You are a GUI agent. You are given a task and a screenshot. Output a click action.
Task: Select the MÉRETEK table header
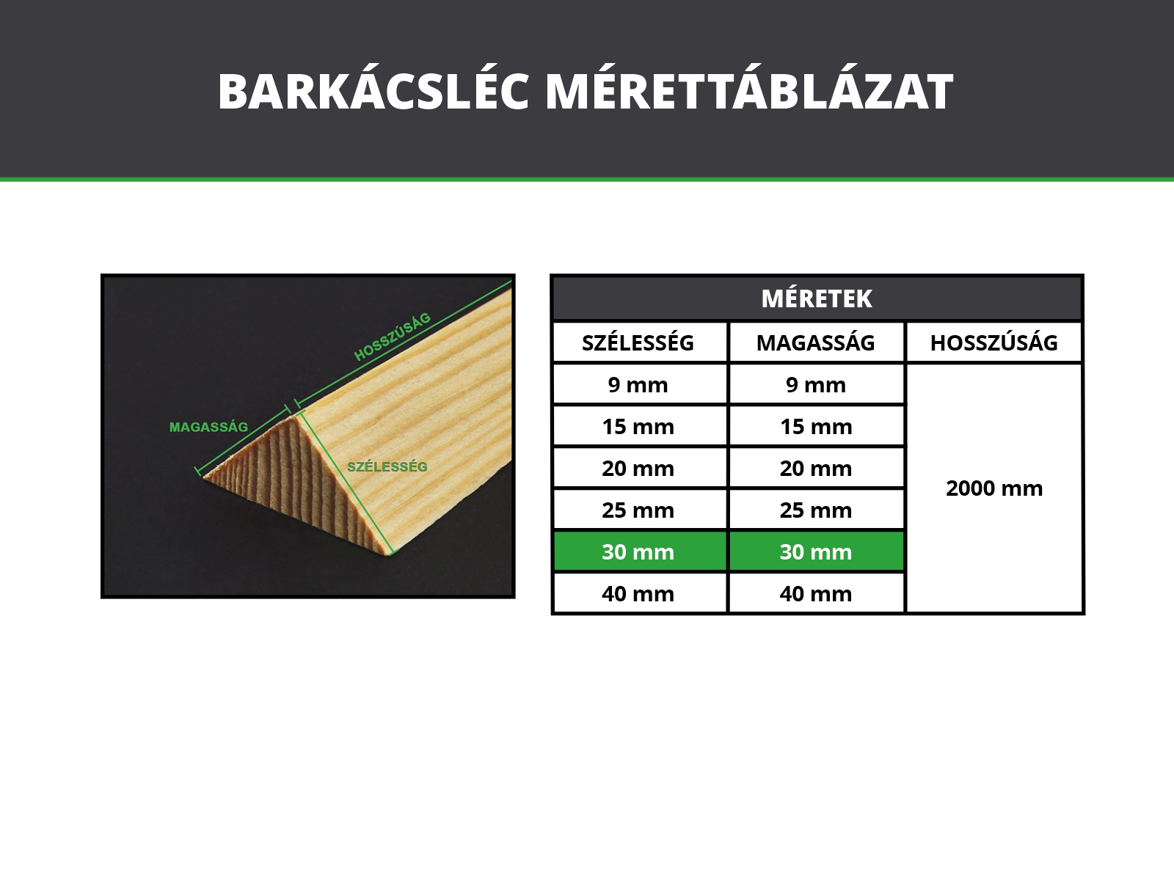[817, 298]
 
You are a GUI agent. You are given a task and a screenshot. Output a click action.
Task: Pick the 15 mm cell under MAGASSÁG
[816, 426]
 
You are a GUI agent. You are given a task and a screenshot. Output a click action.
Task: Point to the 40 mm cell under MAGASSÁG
[816, 593]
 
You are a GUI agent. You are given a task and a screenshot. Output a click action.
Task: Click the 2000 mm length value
[994, 488]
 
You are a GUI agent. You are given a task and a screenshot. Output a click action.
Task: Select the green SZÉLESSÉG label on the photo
[387, 467]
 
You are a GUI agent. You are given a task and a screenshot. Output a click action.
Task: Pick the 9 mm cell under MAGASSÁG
[816, 385]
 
